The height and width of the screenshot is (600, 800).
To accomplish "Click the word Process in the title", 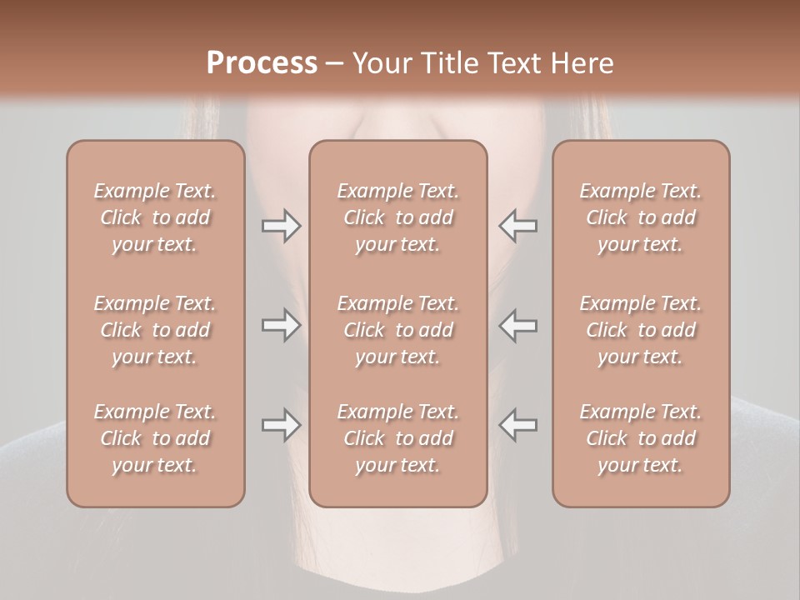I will coord(262,63).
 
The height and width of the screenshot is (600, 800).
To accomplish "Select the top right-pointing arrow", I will coord(281,226).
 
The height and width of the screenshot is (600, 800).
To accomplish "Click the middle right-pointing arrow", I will coord(281,325).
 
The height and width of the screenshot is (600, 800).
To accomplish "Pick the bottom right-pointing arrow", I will coord(281,425).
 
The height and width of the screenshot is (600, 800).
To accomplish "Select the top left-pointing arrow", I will coord(518,226).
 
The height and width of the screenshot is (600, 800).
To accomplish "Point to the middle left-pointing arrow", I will coord(518,325).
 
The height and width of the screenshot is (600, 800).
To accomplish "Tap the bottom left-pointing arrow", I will coord(518,425).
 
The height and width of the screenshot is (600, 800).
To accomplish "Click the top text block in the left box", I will coord(155,217).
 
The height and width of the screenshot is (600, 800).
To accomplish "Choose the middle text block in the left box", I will coord(155,330).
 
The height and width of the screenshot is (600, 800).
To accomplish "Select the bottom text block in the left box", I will coord(155,438).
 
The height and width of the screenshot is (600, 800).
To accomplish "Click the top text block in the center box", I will coord(398,217).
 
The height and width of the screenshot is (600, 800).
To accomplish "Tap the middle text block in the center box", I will coord(398,330).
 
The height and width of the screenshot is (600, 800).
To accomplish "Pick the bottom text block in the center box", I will coord(398,438).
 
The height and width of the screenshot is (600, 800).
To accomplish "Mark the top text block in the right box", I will coord(641,217).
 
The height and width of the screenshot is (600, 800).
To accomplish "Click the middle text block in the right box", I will coord(641,330).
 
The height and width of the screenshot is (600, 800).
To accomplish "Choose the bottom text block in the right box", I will coord(641,438).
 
